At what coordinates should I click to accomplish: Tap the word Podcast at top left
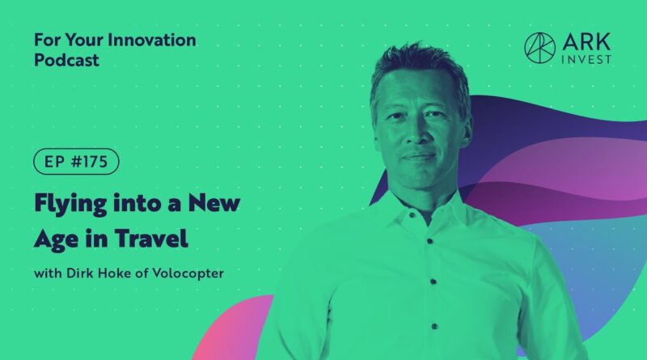66,61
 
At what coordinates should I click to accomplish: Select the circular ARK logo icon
539,48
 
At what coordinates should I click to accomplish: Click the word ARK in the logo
586,41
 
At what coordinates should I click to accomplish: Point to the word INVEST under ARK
586,59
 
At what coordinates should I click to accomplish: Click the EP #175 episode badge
76,162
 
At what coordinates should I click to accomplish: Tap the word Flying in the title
70,204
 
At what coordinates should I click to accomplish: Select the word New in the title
214,202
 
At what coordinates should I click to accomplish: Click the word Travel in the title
151,238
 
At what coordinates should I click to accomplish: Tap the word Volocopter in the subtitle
188,273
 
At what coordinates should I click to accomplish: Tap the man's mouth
418,157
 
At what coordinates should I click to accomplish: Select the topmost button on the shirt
412,215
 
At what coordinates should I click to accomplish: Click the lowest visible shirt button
434,326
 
